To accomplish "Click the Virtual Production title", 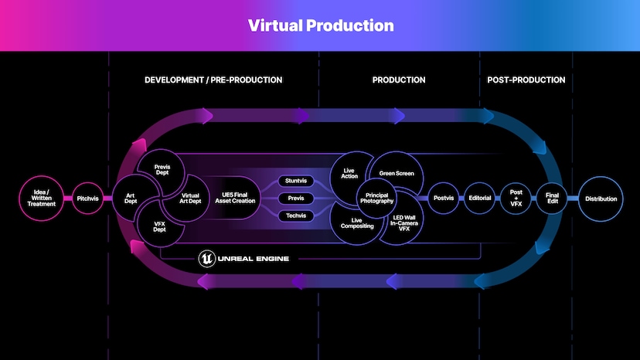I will [x=320, y=25].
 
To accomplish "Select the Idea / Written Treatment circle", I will [x=41, y=199].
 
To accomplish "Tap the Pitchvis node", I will [x=87, y=199].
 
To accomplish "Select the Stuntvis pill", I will [x=295, y=181].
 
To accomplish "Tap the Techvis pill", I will [x=295, y=216].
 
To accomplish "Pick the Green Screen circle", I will [x=397, y=173].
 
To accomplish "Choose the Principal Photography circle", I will [x=377, y=199].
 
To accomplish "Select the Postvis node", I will [x=443, y=199].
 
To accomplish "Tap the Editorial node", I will [x=479, y=199].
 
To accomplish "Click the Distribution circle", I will [x=601, y=199].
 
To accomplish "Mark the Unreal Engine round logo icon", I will [x=207, y=258].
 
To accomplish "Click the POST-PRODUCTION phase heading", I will [x=526, y=80].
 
